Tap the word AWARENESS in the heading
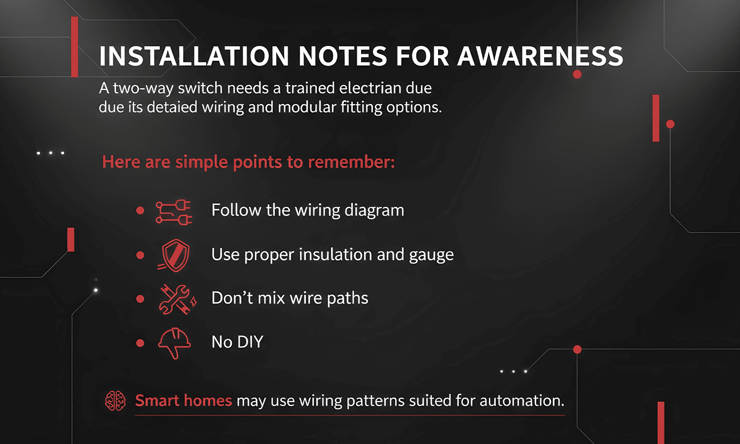tap(540, 56)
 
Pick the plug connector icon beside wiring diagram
tap(174, 213)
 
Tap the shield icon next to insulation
tap(175, 255)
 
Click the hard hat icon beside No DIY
tap(174, 342)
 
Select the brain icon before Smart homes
tap(115, 401)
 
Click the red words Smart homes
tap(184, 401)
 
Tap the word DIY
tap(250, 342)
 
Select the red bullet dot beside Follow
tap(140, 211)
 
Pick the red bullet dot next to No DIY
tap(140, 343)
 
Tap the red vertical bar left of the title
tap(74, 47)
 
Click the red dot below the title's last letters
tap(577, 74)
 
